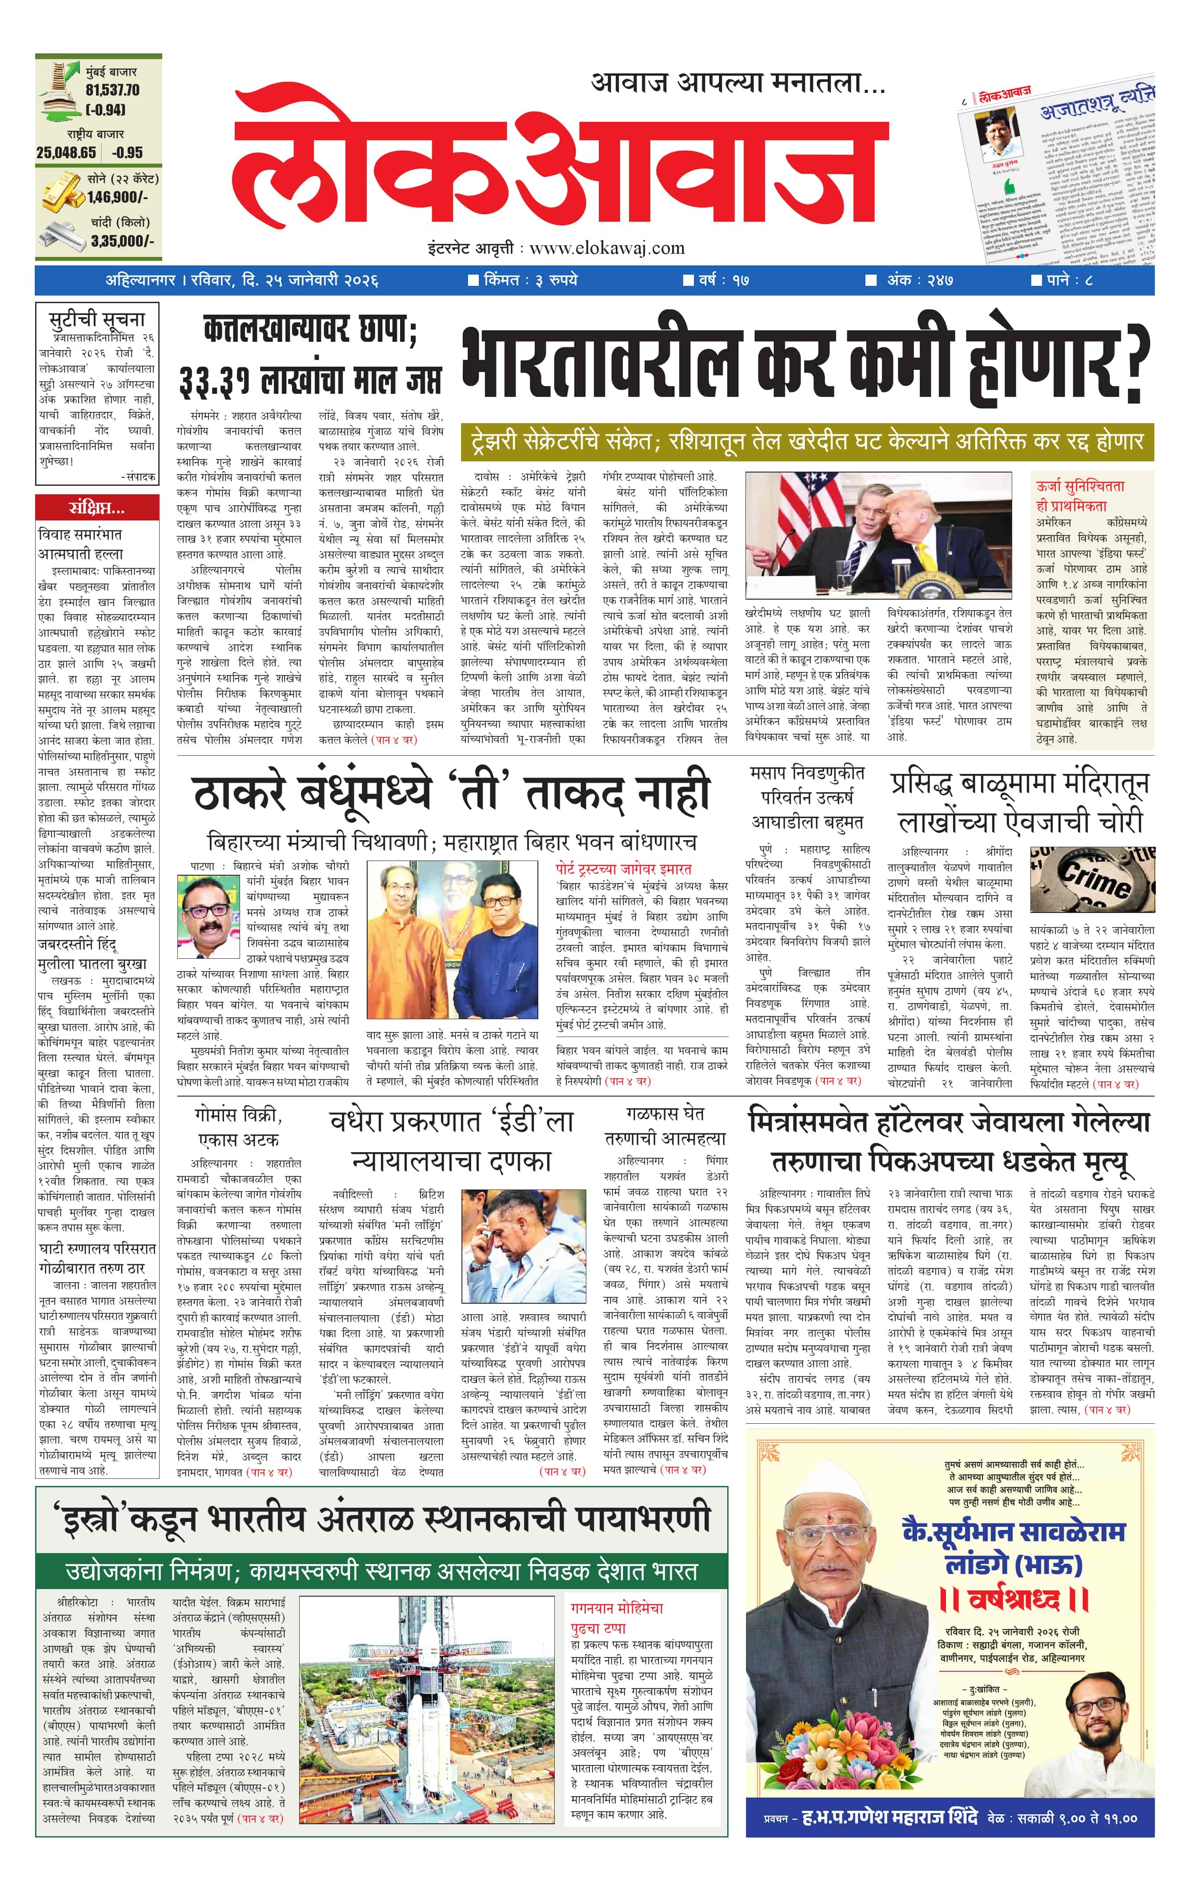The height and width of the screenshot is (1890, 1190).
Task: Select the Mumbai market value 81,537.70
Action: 113,90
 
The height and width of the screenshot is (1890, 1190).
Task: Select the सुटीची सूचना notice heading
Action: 96,320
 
